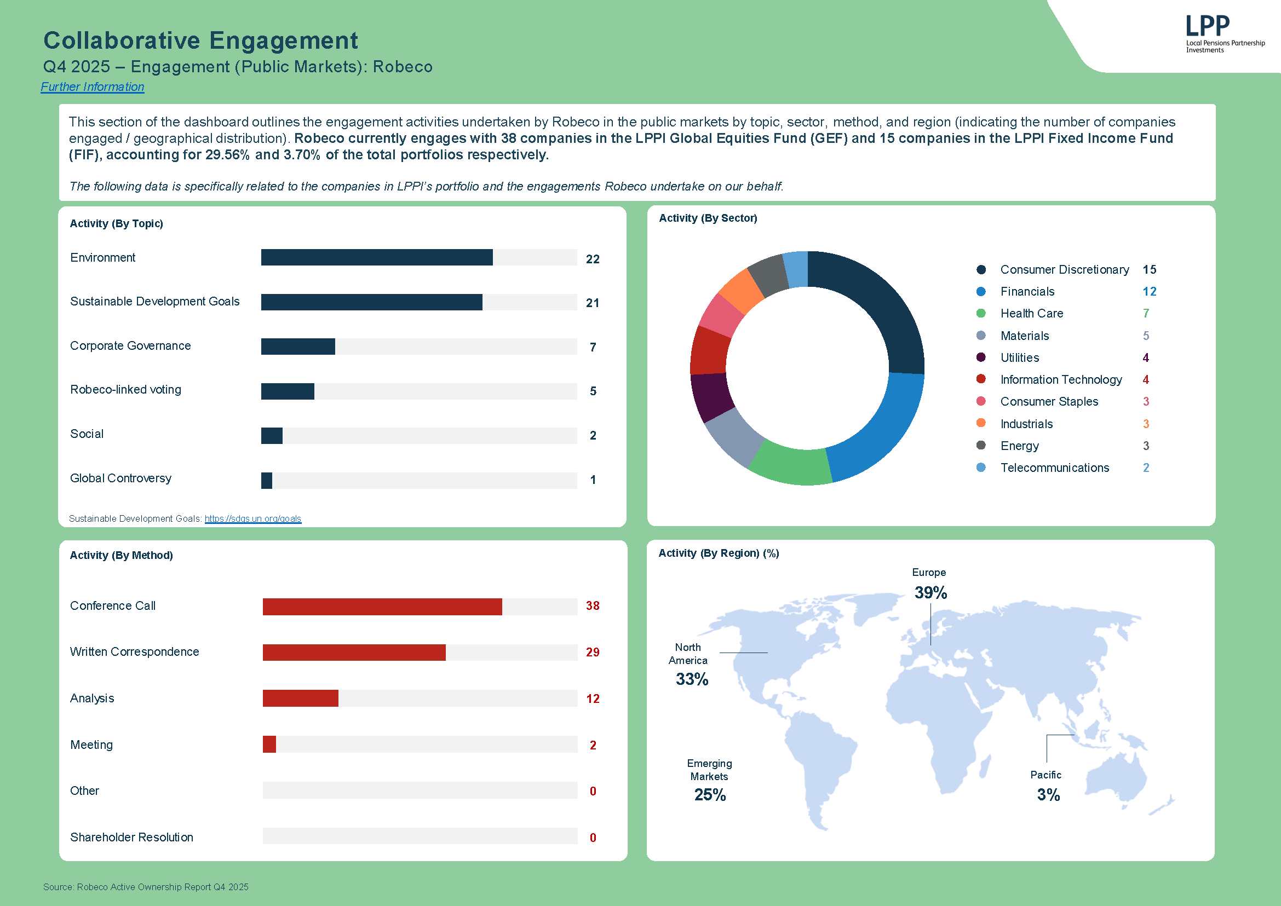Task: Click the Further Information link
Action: pos(92,87)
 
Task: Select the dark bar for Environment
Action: pos(377,257)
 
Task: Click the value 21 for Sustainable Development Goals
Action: pos(592,303)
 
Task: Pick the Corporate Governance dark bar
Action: pos(298,347)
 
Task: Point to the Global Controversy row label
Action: pos(120,478)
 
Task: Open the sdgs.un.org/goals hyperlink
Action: pos(253,518)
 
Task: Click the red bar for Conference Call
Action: pos(382,607)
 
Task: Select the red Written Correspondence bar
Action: pos(354,652)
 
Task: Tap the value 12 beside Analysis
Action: pos(592,699)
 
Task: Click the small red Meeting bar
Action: pos(269,744)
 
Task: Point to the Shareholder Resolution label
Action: pos(132,837)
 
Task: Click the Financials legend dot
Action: pos(981,291)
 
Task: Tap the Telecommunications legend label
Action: pos(1054,468)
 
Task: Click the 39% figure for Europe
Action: pos(930,592)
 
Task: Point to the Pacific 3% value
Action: pos(1048,794)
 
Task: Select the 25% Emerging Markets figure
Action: pos(709,794)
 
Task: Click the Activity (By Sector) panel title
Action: pos(708,218)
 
